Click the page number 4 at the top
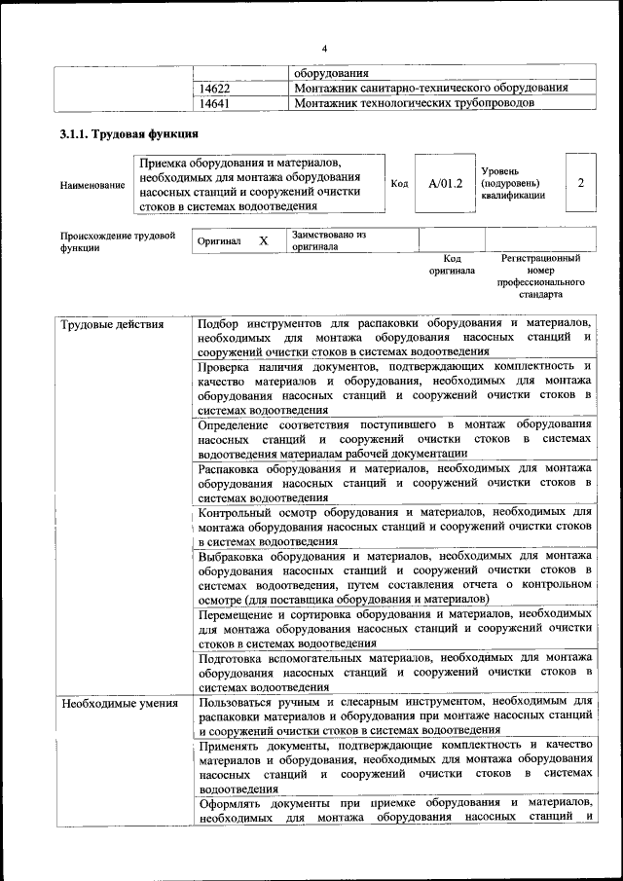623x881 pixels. point(325,49)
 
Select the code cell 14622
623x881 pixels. point(214,88)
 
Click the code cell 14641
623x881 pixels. point(214,102)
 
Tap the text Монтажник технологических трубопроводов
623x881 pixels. point(414,102)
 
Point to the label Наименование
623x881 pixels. point(92,184)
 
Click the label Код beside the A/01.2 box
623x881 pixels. point(399,183)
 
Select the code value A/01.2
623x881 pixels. point(445,183)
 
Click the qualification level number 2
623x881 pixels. point(580,183)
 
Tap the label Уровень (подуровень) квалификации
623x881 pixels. point(513,183)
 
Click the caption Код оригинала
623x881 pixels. point(452,264)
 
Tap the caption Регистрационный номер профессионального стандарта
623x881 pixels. point(541,275)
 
